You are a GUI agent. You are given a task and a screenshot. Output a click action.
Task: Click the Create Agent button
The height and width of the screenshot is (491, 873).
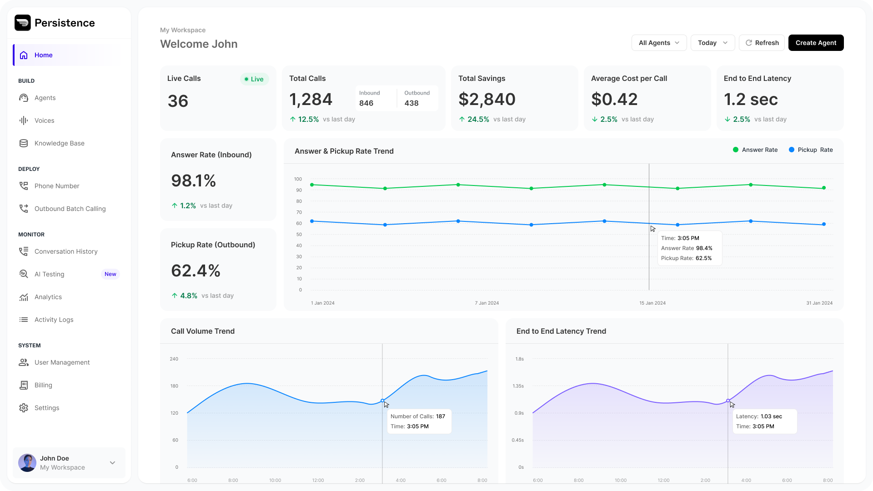coord(816,43)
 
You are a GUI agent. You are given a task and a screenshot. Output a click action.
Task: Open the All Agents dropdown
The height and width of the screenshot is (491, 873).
coord(659,43)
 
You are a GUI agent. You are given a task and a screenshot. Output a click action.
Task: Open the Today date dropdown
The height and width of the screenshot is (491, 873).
coord(712,43)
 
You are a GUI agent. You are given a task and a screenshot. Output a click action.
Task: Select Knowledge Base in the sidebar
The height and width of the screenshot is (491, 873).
coord(59,143)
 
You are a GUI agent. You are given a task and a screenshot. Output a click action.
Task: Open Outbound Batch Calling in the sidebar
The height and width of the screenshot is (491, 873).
coord(70,209)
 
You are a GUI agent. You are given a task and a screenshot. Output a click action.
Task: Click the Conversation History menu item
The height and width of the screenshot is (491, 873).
coord(66,251)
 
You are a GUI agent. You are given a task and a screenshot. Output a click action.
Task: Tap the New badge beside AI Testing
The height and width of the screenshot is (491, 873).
coord(110,274)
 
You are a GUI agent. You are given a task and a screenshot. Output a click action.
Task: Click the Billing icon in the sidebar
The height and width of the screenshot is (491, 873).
coord(24,385)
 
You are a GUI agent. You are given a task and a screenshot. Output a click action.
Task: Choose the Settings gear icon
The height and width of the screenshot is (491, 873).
coord(24,408)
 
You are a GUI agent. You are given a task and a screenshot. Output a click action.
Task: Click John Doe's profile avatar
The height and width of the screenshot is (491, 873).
coord(27,463)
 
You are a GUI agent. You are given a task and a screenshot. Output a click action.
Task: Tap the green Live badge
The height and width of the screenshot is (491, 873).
coord(254,79)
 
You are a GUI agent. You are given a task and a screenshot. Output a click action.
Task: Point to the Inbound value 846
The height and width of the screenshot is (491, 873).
coord(366,103)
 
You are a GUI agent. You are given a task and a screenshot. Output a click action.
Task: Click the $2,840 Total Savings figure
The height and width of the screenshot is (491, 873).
coord(487,100)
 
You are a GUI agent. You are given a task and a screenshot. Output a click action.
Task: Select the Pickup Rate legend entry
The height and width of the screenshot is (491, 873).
coord(811,150)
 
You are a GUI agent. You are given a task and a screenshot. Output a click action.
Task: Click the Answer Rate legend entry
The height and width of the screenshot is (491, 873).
coord(755,150)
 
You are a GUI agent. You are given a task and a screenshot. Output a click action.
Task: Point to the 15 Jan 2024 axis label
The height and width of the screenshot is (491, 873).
coord(652,303)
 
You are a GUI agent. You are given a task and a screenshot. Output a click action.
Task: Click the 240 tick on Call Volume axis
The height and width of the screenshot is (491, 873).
coord(174,359)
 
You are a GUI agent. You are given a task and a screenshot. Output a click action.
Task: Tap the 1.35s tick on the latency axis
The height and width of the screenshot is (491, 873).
coord(518,386)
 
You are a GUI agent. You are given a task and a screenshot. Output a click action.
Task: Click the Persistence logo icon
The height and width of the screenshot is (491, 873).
coord(23,23)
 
